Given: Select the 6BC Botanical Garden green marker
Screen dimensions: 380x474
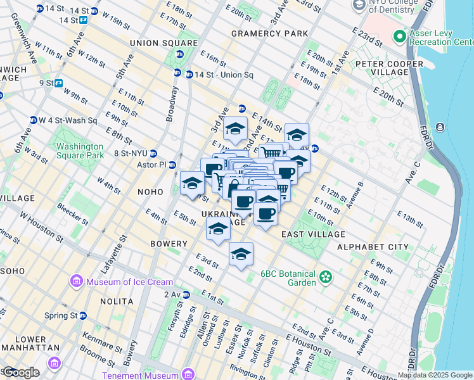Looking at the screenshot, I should coord(326,277).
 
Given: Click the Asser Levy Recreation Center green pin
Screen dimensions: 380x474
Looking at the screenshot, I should coord(400,36).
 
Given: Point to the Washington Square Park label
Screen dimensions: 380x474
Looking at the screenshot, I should coord(79,150).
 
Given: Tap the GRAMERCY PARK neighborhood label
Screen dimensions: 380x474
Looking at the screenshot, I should coord(269,34).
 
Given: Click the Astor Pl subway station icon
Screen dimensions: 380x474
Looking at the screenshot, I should coord(169,164).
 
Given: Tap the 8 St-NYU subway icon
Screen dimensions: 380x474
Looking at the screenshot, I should coord(153,153).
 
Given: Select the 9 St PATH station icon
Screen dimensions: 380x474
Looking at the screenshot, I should coord(58,83).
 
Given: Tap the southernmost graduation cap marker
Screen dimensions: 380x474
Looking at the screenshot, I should coord(240,255).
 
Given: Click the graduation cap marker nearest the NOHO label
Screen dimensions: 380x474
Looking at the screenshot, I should coord(192,183).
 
